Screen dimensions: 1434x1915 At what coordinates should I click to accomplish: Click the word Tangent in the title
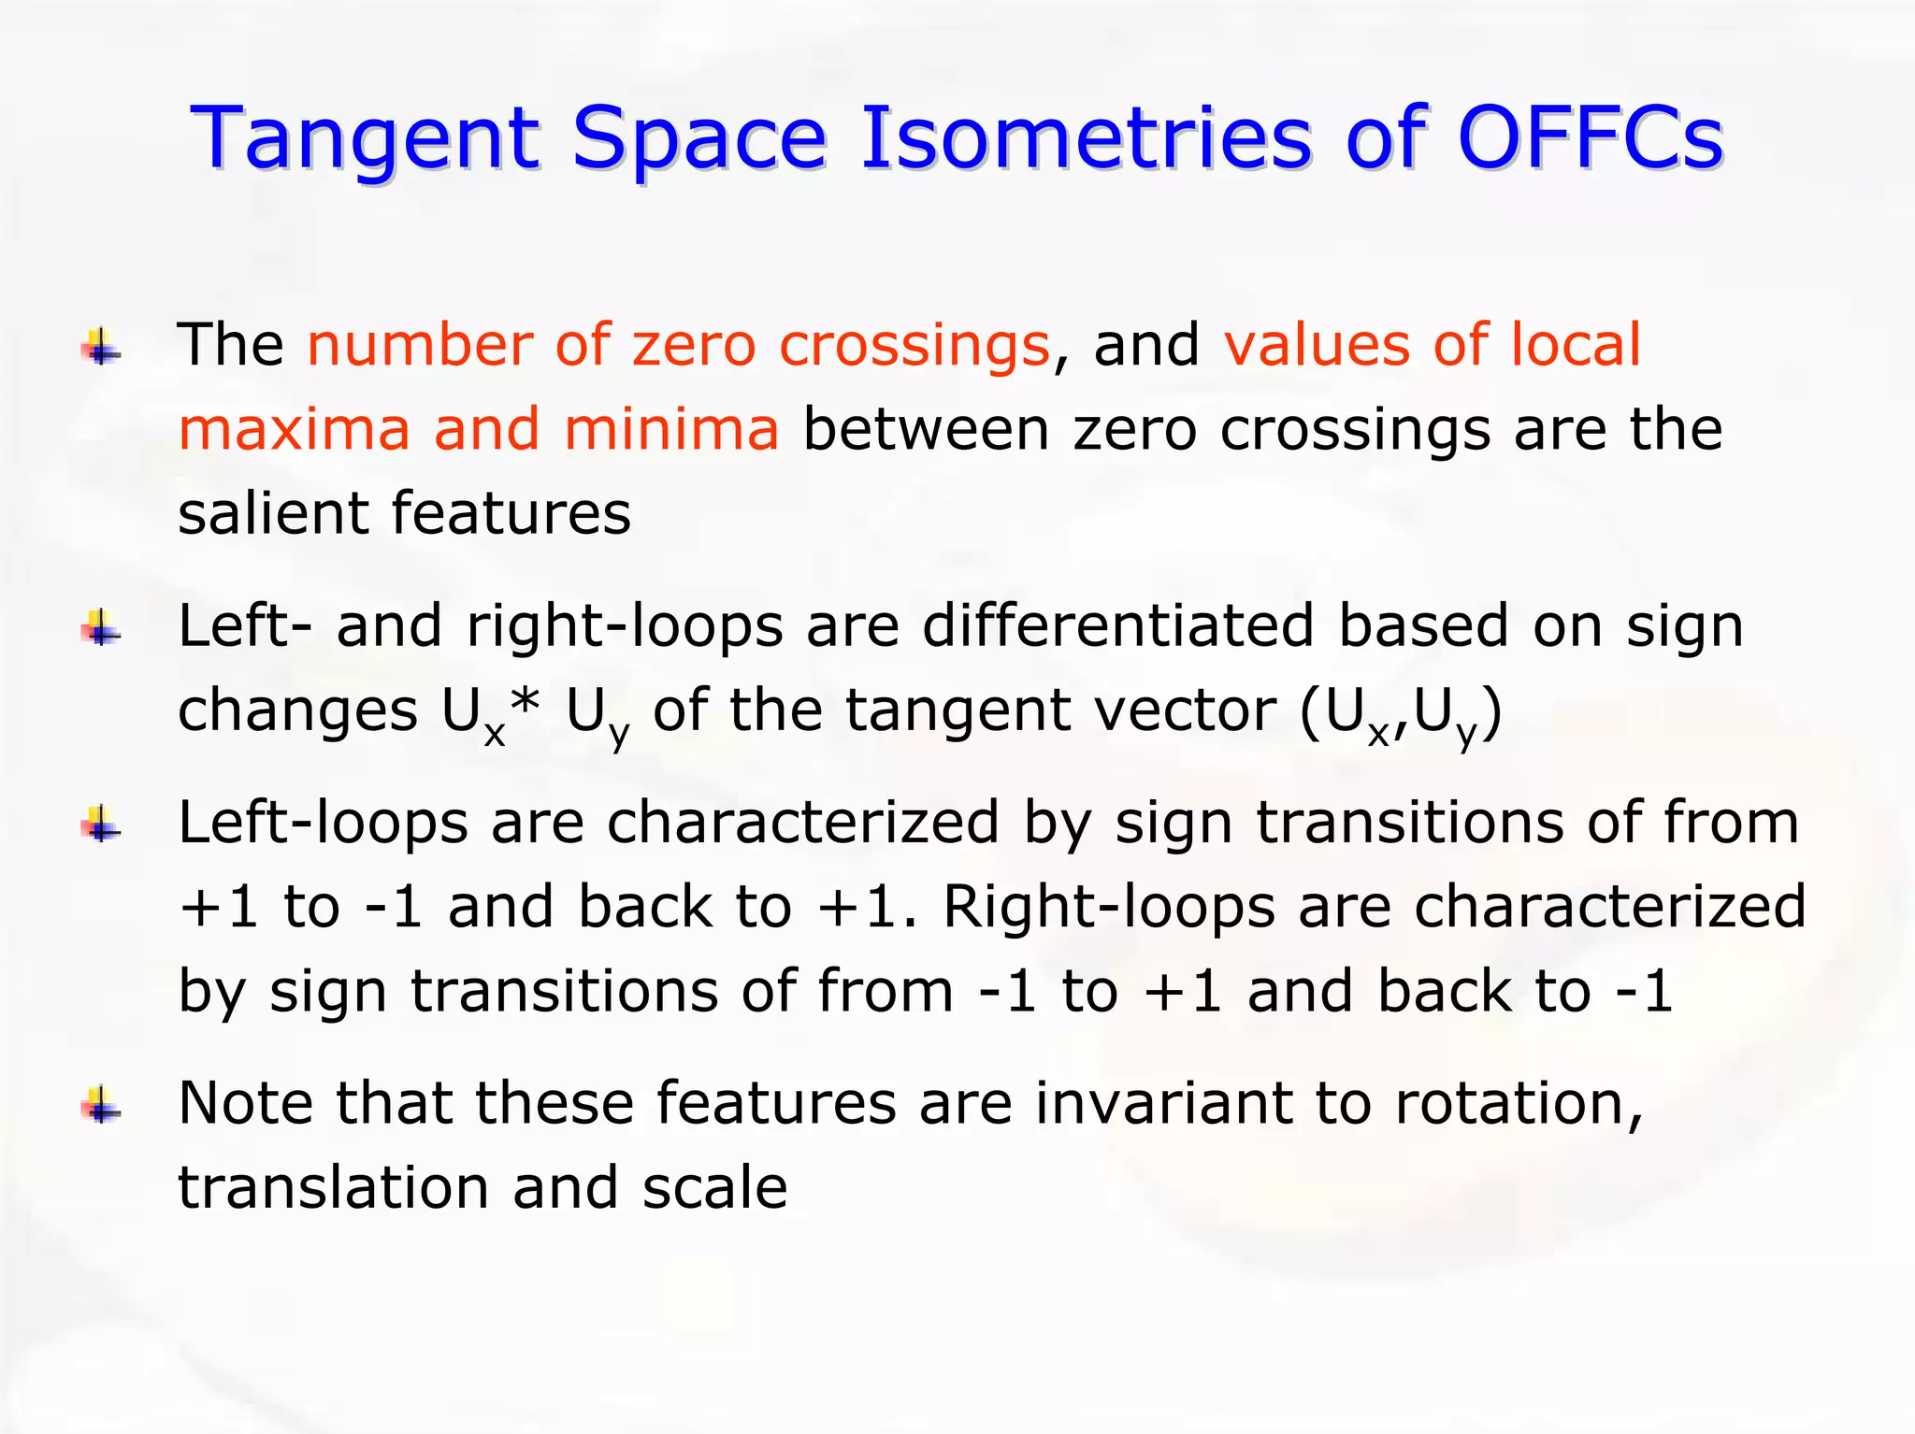365,140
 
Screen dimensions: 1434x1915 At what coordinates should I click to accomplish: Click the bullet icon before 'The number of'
101,349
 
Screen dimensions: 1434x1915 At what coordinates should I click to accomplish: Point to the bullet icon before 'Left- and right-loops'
101,629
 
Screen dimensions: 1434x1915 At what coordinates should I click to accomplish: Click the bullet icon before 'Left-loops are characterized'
101,826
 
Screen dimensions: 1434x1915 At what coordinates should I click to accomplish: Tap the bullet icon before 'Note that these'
101,1108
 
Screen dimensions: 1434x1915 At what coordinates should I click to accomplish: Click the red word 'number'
419,345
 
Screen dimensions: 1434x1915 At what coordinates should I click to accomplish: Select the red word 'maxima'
294,430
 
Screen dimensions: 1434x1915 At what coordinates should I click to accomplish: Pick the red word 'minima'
670,430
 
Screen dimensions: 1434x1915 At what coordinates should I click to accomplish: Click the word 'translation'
333,1188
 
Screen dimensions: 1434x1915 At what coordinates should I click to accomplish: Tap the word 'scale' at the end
714,1188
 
